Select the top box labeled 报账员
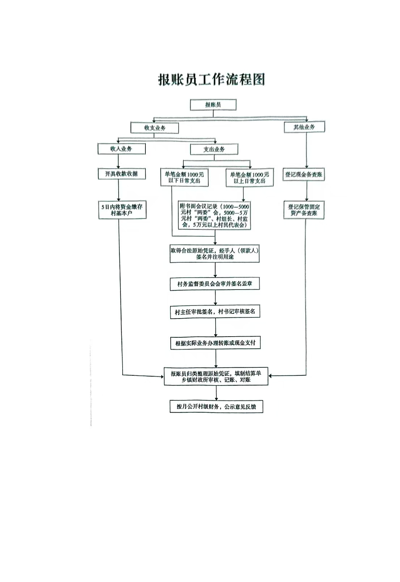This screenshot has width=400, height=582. point(213,105)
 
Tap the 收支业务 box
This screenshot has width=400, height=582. point(155,128)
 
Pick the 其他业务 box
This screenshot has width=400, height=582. point(304,127)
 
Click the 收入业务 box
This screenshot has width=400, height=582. point(122,149)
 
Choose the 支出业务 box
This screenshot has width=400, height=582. point(214,149)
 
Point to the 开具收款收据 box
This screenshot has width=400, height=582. point(122,174)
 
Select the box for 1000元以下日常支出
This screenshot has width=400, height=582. point(184,177)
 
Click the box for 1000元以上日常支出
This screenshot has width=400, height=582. point(250,177)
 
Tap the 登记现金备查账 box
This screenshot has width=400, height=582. point(303,174)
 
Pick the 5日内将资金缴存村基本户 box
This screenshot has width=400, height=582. point(122,210)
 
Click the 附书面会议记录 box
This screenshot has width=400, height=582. point(215,216)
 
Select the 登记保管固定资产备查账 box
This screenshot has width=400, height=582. point(304,210)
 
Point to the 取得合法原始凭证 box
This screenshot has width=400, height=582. point(215,254)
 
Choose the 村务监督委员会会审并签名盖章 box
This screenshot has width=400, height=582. point(215,284)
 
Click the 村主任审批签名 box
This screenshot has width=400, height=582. point(215,312)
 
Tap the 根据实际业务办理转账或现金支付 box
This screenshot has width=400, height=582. point(216,343)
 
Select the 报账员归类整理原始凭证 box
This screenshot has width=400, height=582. point(216,376)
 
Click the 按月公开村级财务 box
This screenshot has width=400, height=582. point(216,406)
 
